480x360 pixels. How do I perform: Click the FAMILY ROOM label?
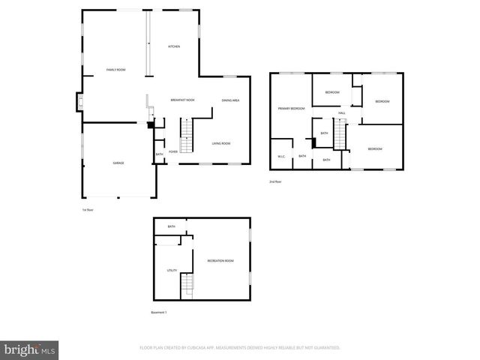tap(115, 70)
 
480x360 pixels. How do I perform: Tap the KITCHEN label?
tap(174, 46)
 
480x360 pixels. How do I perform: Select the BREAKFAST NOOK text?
tap(182, 100)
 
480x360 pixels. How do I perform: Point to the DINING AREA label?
tap(230, 100)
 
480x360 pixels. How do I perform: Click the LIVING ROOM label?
tap(220, 143)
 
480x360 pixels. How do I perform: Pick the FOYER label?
tap(173, 151)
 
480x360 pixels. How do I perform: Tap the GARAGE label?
tap(118, 163)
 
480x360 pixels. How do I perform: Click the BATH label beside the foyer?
tap(159, 154)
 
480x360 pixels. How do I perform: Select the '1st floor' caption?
tap(88, 210)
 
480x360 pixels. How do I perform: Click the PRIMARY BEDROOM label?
tap(291, 109)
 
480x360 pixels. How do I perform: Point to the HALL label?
tap(341, 113)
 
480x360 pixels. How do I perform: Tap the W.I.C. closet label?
tap(281, 156)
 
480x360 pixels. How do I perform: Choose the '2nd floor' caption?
tap(276, 181)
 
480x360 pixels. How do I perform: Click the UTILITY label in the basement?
tap(172, 270)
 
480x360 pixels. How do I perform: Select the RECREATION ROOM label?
tap(220, 260)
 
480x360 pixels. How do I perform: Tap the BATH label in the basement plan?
tap(172, 226)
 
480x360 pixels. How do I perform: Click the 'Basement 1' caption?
tap(159, 312)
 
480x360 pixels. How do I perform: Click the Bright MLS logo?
tap(30, 349)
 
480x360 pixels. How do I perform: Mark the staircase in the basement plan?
tap(187, 284)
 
